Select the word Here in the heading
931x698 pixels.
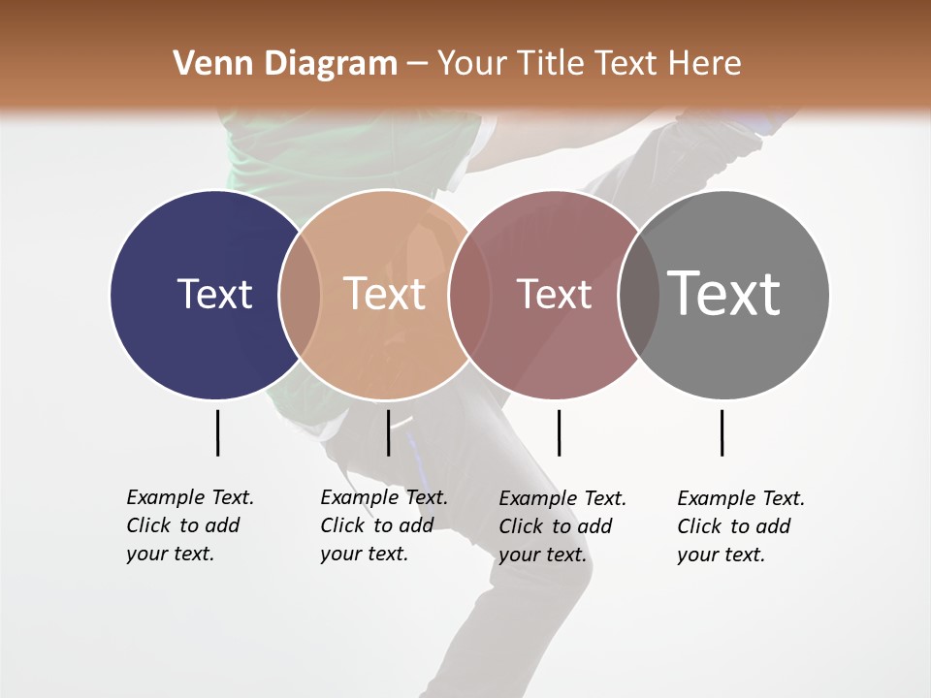click(x=706, y=64)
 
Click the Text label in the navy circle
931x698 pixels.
click(x=214, y=294)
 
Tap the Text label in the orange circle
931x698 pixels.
click(x=384, y=294)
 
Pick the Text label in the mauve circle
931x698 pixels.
click(x=554, y=294)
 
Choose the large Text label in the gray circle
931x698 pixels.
click(x=723, y=293)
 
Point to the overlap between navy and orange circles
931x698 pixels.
click(x=300, y=294)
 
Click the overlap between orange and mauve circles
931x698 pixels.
click(x=469, y=294)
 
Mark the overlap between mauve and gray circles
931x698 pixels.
click(x=639, y=294)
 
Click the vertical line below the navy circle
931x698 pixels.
click(x=217, y=432)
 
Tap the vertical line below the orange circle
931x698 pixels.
click(x=388, y=432)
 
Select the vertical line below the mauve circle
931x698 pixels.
click(x=559, y=432)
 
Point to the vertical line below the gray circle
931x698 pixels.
click(x=722, y=432)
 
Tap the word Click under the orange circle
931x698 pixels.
click(x=342, y=525)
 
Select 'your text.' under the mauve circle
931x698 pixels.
click(x=542, y=555)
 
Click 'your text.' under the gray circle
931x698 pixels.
click(x=721, y=555)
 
